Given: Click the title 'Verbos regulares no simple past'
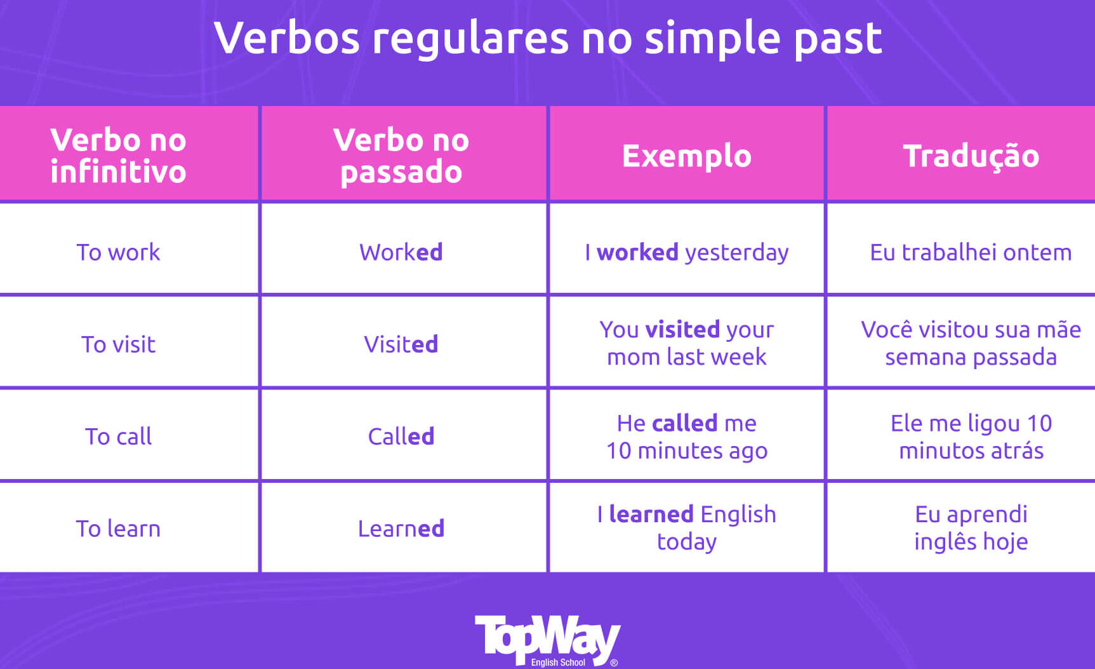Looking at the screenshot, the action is click(548, 38).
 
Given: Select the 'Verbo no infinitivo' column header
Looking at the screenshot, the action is click(118, 156).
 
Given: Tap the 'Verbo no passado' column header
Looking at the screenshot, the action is click(401, 156).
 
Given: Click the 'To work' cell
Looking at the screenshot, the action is click(118, 252).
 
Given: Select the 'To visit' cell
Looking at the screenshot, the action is click(118, 344).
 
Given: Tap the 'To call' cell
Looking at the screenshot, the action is click(118, 436).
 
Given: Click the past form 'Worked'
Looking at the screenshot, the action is click(401, 252).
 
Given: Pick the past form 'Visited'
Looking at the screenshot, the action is click(401, 344).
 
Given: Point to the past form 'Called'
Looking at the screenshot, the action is click(401, 436).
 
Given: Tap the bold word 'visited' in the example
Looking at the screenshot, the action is click(682, 330).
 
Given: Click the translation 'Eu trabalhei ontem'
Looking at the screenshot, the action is click(971, 252).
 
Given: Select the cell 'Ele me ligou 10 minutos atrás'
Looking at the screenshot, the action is click(971, 436).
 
